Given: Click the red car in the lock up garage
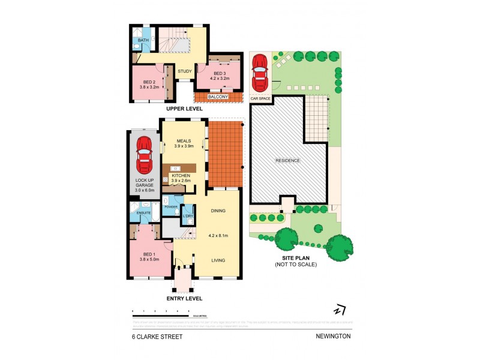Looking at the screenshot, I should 144,155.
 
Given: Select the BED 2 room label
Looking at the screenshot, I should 150,83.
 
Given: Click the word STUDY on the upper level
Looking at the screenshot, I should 185,72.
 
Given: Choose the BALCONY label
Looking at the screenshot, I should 217,97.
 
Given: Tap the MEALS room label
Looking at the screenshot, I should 184,141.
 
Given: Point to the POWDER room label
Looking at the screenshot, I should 170,207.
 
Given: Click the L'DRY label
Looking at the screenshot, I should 188,215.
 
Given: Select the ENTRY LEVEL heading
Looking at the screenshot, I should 184,298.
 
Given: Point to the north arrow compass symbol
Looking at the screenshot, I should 340,310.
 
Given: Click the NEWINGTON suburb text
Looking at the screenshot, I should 334,337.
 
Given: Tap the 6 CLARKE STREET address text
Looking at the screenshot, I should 157,337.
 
